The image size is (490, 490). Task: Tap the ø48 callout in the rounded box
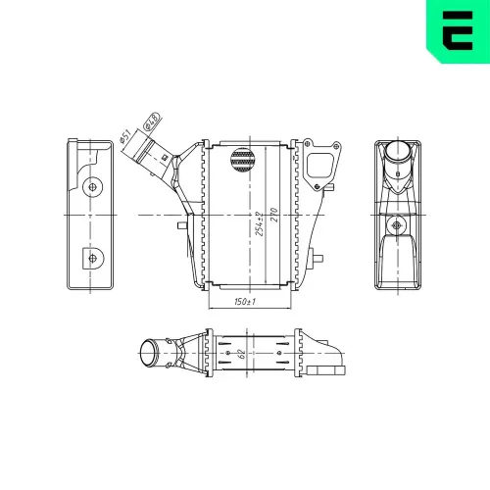(x=151, y=122)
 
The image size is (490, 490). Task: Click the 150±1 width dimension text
(x=245, y=302)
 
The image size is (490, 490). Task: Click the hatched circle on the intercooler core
(x=242, y=160)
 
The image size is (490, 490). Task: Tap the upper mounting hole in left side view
(x=93, y=184)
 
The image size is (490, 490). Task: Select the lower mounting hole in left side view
(x=93, y=258)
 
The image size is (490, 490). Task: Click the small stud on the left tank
(x=181, y=224)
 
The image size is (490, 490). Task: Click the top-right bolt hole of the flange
(x=332, y=148)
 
